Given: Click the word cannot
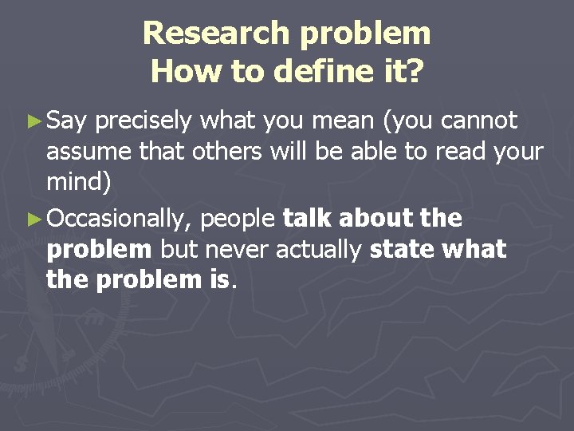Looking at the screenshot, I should pos(479,121).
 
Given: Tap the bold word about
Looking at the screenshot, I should pos(375,218).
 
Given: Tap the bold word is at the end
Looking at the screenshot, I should pos(218,279).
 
